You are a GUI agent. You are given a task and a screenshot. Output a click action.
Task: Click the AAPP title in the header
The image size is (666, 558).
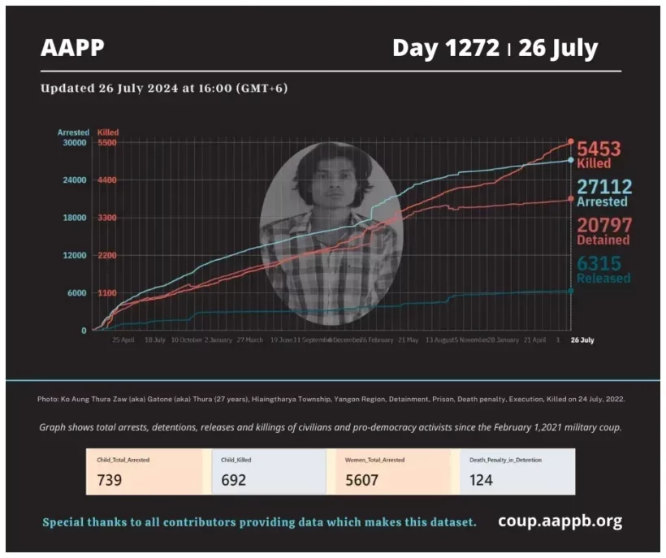[x=72, y=49]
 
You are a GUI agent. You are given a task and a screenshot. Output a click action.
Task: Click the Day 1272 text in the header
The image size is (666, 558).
[x=445, y=49]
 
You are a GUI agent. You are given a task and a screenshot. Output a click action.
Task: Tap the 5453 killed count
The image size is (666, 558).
[x=599, y=149]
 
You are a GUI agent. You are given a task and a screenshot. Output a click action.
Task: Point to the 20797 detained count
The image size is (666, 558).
[x=604, y=225]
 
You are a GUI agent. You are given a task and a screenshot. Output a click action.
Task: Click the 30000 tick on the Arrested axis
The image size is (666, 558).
[x=75, y=143]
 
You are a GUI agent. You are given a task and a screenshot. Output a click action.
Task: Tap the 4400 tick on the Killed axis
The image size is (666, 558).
[x=107, y=180]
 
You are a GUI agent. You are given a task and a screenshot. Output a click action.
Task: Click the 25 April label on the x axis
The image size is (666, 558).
[x=123, y=340]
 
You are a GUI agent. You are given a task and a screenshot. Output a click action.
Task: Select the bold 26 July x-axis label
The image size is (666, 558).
[x=582, y=340]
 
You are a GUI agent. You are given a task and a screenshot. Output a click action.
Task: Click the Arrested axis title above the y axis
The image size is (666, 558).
[x=73, y=132]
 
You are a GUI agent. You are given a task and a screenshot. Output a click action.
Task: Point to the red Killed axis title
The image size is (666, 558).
[x=108, y=132]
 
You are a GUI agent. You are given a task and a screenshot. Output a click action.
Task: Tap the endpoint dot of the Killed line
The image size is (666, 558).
[x=571, y=142]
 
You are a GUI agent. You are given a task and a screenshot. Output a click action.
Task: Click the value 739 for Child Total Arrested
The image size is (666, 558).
[x=109, y=480]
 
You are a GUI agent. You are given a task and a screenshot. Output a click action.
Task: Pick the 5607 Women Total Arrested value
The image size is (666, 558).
[x=362, y=480]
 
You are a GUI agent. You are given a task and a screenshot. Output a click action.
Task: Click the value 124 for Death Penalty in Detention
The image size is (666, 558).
[x=481, y=480]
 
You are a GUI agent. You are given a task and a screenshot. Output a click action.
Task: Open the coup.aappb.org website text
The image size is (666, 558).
[x=560, y=521]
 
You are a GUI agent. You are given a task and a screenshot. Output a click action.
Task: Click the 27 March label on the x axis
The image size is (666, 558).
[x=249, y=340]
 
